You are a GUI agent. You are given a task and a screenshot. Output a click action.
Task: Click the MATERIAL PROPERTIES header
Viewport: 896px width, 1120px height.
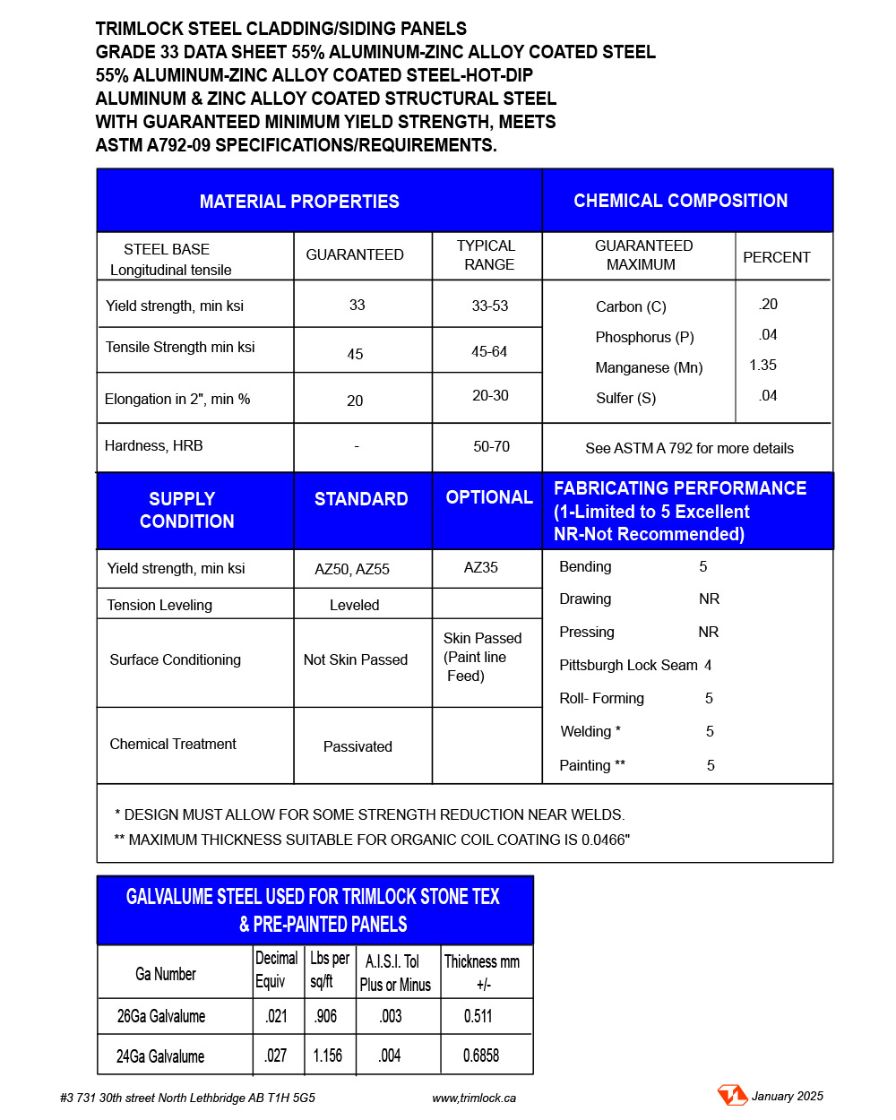click(299, 202)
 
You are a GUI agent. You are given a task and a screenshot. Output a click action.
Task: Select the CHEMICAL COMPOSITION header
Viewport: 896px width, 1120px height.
click(680, 201)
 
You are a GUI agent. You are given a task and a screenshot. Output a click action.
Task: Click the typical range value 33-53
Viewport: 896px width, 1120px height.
click(489, 306)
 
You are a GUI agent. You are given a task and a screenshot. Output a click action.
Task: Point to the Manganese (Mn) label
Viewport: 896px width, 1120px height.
click(649, 367)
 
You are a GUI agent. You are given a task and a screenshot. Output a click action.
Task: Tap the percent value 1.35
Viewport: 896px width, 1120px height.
click(762, 365)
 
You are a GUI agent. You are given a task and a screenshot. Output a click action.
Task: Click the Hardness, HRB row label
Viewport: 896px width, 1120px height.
click(153, 445)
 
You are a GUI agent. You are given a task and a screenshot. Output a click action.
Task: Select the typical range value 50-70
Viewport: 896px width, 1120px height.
click(491, 446)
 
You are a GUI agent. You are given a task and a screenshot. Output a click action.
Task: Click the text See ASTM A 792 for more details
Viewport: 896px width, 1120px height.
click(689, 448)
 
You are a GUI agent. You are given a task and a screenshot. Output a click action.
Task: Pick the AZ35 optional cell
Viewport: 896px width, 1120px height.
click(481, 567)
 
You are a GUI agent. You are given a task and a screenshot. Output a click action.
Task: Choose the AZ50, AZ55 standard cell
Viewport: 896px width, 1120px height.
click(352, 569)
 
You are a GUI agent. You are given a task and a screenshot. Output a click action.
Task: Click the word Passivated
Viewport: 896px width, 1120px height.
click(358, 746)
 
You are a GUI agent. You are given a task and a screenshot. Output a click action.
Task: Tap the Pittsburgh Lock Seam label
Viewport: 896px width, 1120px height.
click(628, 665)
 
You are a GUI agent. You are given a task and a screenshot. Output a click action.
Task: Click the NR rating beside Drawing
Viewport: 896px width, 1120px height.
click(709, 599)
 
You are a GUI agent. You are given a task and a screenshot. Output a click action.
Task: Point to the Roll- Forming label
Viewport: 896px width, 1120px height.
click(601, 698)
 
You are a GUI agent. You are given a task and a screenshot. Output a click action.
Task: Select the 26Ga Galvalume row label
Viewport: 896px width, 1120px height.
click(161, 1016)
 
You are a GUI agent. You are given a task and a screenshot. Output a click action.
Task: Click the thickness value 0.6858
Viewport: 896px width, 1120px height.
click(481, 1055)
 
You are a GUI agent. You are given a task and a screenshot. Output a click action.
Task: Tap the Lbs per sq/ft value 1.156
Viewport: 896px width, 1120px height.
click(327, 1055)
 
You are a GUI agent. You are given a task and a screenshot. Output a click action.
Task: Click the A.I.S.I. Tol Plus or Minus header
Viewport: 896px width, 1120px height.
click(394, 973)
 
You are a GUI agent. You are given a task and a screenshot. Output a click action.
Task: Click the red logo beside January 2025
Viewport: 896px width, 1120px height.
click(732, 1095)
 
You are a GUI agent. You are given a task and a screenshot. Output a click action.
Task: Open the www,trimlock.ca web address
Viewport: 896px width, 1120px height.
click(474, 1098)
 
